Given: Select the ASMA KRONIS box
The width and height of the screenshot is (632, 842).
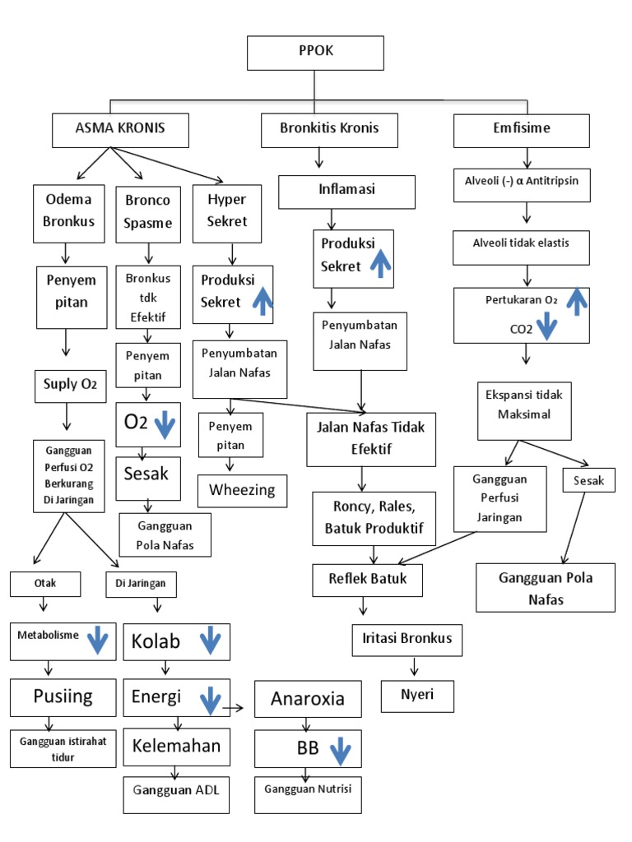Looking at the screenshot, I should [x=120, y=129].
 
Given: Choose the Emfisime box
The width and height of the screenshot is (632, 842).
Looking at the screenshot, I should [x=522, y=129].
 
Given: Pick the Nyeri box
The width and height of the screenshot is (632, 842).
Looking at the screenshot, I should [x=418, y=696].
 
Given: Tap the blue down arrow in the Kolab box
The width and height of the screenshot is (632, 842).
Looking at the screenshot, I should [x=210, y=641].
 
